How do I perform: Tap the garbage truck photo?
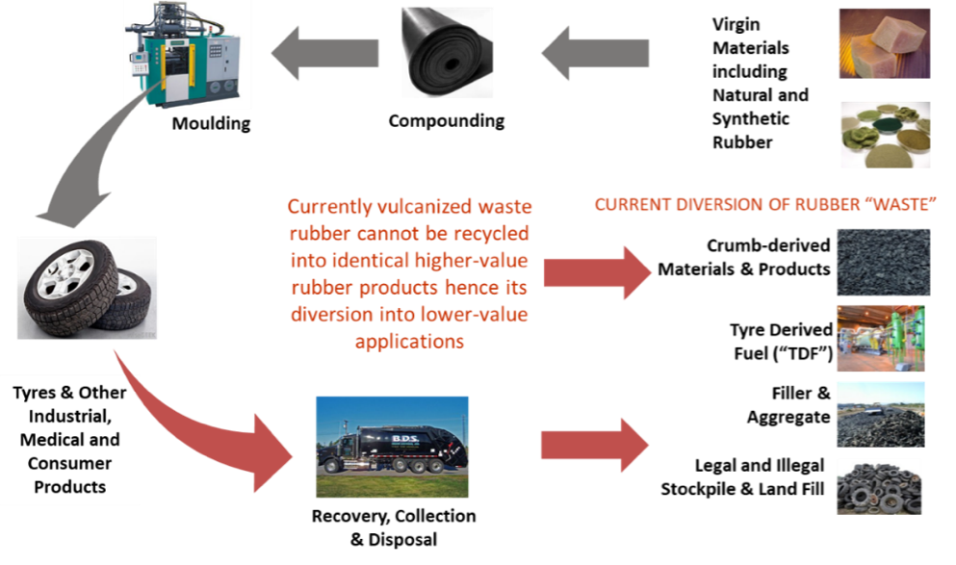pyautogui.click(x=392, y=447)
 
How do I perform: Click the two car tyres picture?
pyautogui.click(x=87, y=289)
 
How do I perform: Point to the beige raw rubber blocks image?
pyautogui.click(x=884, y=43)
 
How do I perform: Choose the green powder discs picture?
pyautogui.click(x=884, y=136)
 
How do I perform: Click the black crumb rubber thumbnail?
pyautogui.click(x=882, y=261)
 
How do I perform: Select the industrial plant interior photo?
pyautogui.click(x=881, y=338)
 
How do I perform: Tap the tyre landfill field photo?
pyautogui.click(x=881, y=413)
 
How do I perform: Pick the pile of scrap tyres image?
pyautogui.click(x=880, y=486)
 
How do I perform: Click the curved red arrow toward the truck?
pyautogui.click(x=202, y=424)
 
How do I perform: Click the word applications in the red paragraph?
pyautogui.click(x=409, y=342)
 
